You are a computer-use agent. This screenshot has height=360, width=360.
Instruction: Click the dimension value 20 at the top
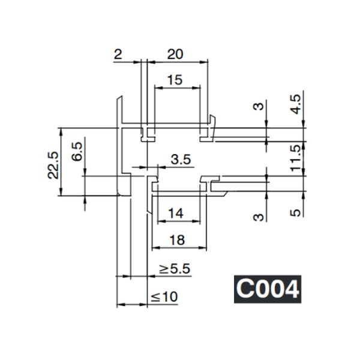[175, 53]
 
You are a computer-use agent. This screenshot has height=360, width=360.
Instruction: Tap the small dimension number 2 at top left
[118, 54]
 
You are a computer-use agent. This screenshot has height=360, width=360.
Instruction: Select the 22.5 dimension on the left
[53, 163]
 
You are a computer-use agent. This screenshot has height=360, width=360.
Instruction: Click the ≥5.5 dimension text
[175, 269]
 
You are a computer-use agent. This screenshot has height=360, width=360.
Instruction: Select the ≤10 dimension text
[164, 296]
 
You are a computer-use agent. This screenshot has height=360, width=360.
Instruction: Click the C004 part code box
[266, 289]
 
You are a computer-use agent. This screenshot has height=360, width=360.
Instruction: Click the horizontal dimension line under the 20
[178, 61]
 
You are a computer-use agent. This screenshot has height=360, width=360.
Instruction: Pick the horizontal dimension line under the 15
[177, 88]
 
